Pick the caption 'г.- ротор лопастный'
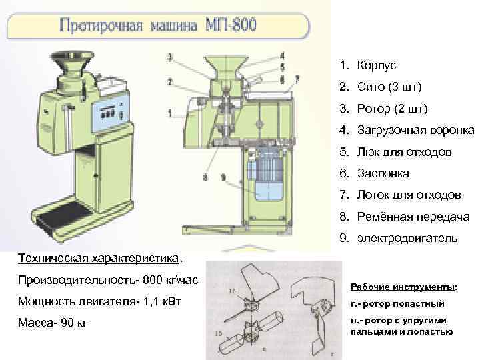pyautogui.click(x=394, y=304)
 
